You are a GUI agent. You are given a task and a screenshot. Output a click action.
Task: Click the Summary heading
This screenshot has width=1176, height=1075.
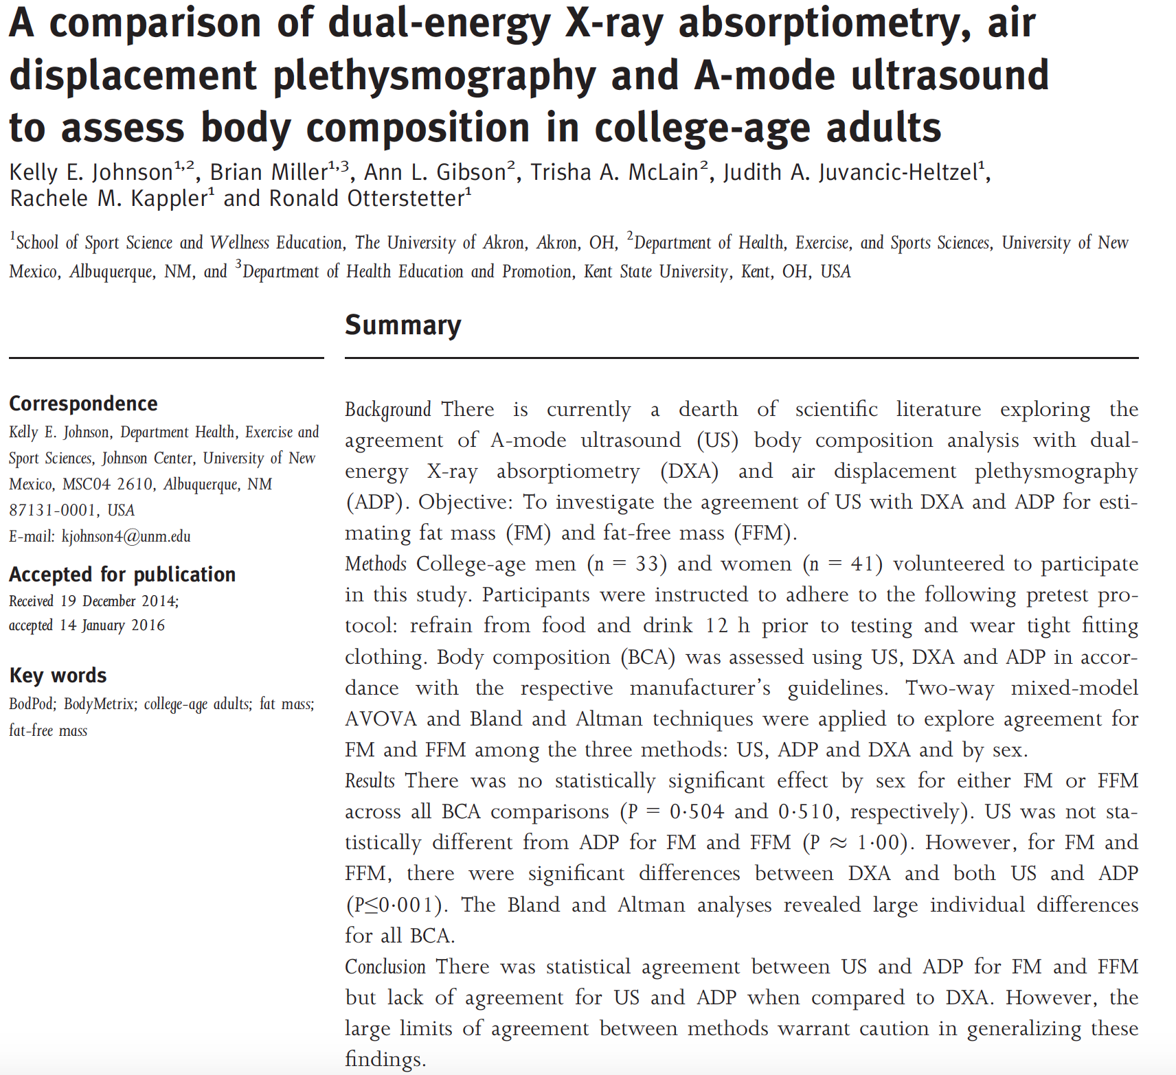[x=403, y=325]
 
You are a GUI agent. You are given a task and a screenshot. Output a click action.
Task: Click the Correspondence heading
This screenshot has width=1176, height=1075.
[x=83, y=404]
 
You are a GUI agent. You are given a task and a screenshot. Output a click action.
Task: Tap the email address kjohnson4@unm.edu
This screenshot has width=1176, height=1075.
[x=126, y=537]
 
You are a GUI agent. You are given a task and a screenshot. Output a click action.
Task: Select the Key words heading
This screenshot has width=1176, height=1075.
[x=58, y=675]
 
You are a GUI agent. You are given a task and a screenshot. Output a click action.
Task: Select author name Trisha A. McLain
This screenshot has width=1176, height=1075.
[x=614, y=172]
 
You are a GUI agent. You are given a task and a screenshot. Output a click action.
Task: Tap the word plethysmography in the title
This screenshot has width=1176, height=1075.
[x=433, y=76]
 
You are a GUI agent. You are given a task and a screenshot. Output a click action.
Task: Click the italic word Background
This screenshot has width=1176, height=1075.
[x=387, y=410]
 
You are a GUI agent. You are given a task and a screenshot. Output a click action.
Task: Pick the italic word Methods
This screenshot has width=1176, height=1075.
[x=376, y=564]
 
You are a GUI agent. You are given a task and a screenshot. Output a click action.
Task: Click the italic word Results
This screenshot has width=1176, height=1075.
[x=370, y=781]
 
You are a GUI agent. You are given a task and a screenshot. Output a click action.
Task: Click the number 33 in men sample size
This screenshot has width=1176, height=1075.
[x=646, y=564]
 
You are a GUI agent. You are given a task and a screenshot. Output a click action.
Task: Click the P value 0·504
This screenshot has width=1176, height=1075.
[x=697, y=812]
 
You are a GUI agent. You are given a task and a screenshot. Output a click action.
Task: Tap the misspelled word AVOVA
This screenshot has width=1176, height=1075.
[x=381, y=719]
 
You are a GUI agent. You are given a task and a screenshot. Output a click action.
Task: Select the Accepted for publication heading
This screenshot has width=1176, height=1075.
[x=122, y=575]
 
